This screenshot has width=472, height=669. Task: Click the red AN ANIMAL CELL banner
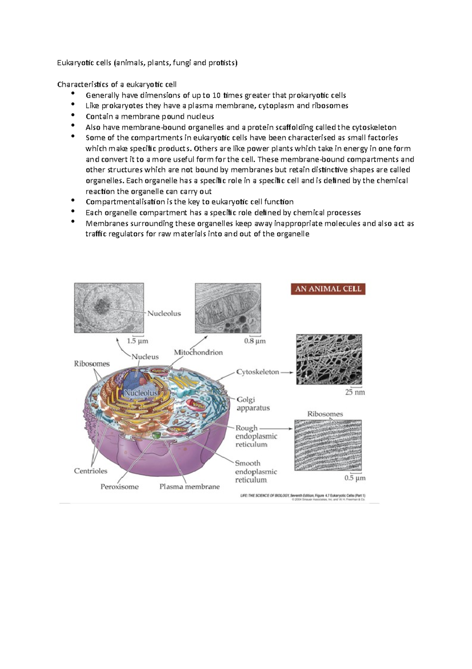(328, 289)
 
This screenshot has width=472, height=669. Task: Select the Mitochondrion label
(198, 352)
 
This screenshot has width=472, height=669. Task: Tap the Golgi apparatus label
(253, 404)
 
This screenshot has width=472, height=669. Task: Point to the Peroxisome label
(120, 487)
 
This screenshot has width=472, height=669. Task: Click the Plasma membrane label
(189, 487)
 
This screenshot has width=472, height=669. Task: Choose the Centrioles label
(90, 471)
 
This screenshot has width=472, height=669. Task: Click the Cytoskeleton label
(257, 372)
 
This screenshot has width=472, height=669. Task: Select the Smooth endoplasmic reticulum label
(256, 471)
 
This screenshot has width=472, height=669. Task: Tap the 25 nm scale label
(355, 392)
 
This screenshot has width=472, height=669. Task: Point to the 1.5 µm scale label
(137, 341)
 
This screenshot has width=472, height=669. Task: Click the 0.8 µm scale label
(255, 341)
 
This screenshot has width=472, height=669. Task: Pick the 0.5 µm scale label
(355, 478)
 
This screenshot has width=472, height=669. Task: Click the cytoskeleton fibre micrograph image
(329, 359)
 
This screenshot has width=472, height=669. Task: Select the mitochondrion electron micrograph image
(228, 308)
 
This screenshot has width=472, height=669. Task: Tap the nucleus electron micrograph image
(109, 308)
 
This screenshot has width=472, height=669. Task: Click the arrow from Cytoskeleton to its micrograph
(287, 372)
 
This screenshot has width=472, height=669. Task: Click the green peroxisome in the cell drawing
(157, 435)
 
